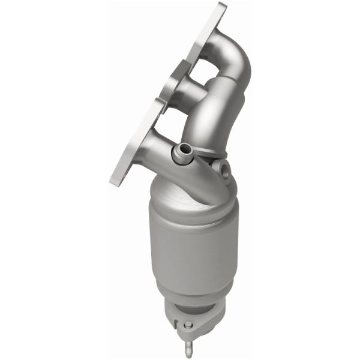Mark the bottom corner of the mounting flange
point(114,181)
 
